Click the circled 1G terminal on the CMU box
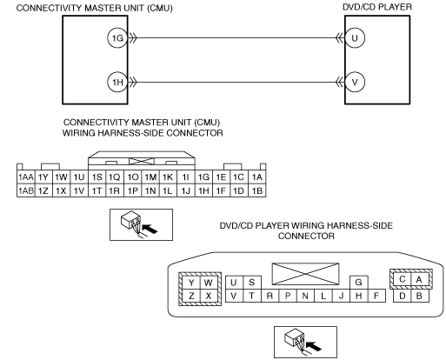click(x=117, y=38)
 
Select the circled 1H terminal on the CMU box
click(x=117, y=83)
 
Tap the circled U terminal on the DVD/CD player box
click(x=355, y=38)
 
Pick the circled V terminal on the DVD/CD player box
click(x=355, y=83)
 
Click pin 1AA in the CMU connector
click(x=26, y=177)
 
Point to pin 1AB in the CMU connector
click(x=26, y=190)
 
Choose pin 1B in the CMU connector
click(x=257, y=190)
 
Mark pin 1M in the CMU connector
click(x=150, y=177)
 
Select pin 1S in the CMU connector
click(x=97, y=177)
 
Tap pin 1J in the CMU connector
click(x=186, y=190)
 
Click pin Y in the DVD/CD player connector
click(x=191, y=283)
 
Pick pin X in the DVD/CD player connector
click(x=209, y=296)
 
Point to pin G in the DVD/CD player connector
click(x=359, y=283)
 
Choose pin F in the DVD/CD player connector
click(x=376, y=296)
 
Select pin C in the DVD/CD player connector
click(x=403, y=279)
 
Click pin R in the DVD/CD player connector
click(x=270, y=296)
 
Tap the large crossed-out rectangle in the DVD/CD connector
click(x=305, y=274)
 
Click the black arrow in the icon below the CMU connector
click(x=150, y=229)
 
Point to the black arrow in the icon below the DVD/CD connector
click(x=314, y=346)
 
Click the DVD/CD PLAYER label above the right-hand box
click(x=377, y=7)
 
